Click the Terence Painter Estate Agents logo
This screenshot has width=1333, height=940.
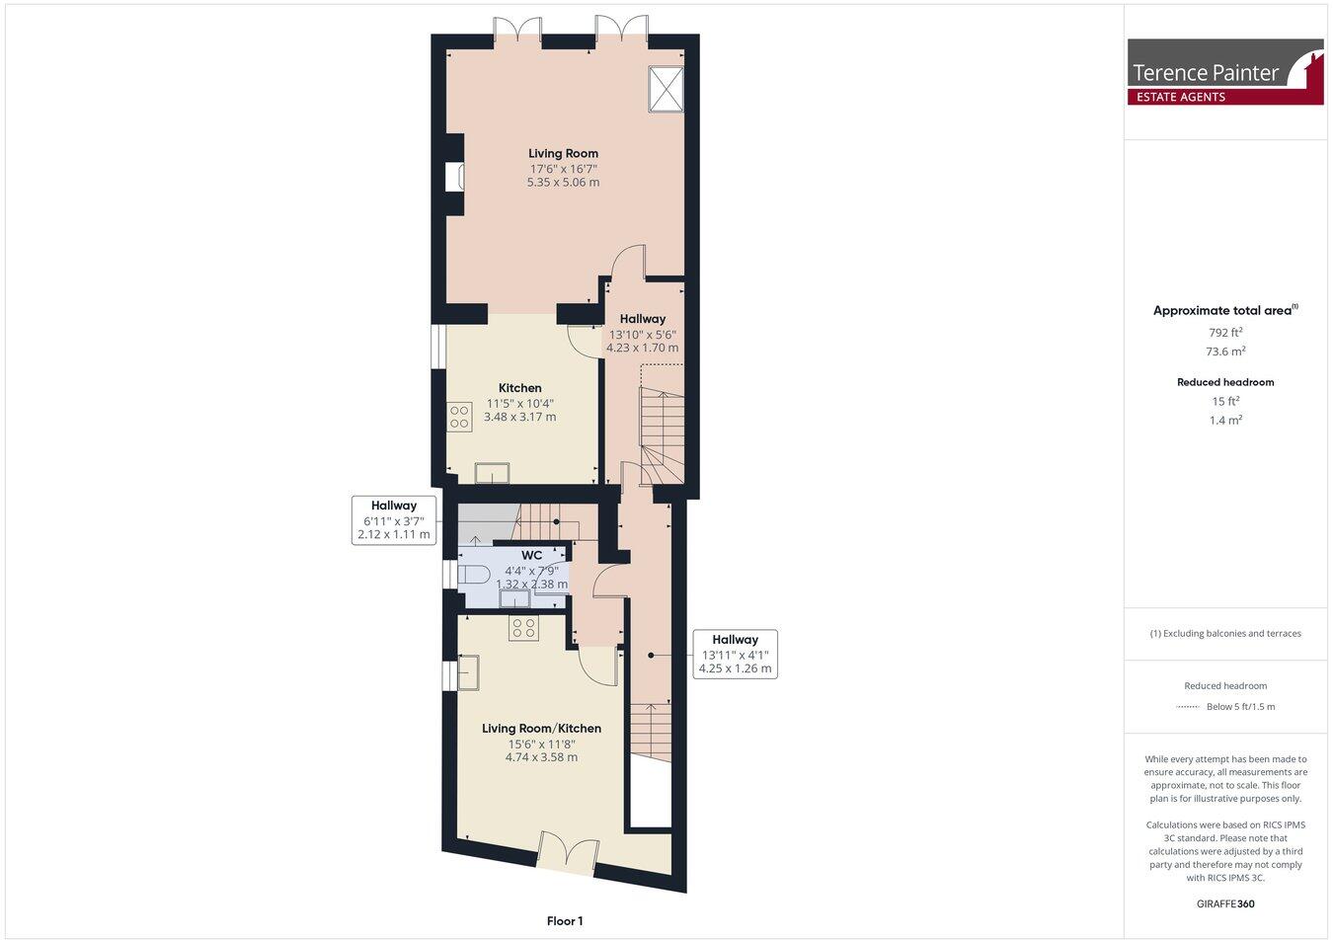pyautogui.click(x=1225, y=72)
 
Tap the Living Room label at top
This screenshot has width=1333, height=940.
pyautogui.click(x=563, y=153)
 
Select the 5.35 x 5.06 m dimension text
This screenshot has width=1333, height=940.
pyautogui.click(x=563, y=183)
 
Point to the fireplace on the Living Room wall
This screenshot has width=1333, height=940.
pyautogui.click(x=455, y=178)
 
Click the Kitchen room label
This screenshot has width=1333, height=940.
pyautogui.click(x=519, y=388)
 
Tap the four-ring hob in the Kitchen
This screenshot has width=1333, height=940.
pyautogui.click(x=459, y=417)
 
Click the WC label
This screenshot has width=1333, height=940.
pyautogui.click(x=531, y=556)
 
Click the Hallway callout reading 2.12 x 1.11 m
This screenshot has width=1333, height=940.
pyautogui.click(x=393, y=520)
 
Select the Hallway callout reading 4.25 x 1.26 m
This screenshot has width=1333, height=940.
pyautogui.click(x=735, y=654)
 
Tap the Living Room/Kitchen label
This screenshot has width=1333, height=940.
pyautogui.click(x=541, y=729)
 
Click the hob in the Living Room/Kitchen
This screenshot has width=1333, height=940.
pyautogui.click(x=523, y=628)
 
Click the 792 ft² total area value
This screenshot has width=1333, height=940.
pyautogui.click(x=1225, y=333)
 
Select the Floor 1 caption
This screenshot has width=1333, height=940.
pyautogui.click(x=565, y=921)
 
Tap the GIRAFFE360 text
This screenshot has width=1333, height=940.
pyautogui.click(x=1225, y=903)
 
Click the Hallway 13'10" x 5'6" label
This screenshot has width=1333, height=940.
pyautogui.click(x=642, y=319)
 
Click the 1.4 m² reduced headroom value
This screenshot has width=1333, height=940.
pyautogui.click(x=1225, y=420)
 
